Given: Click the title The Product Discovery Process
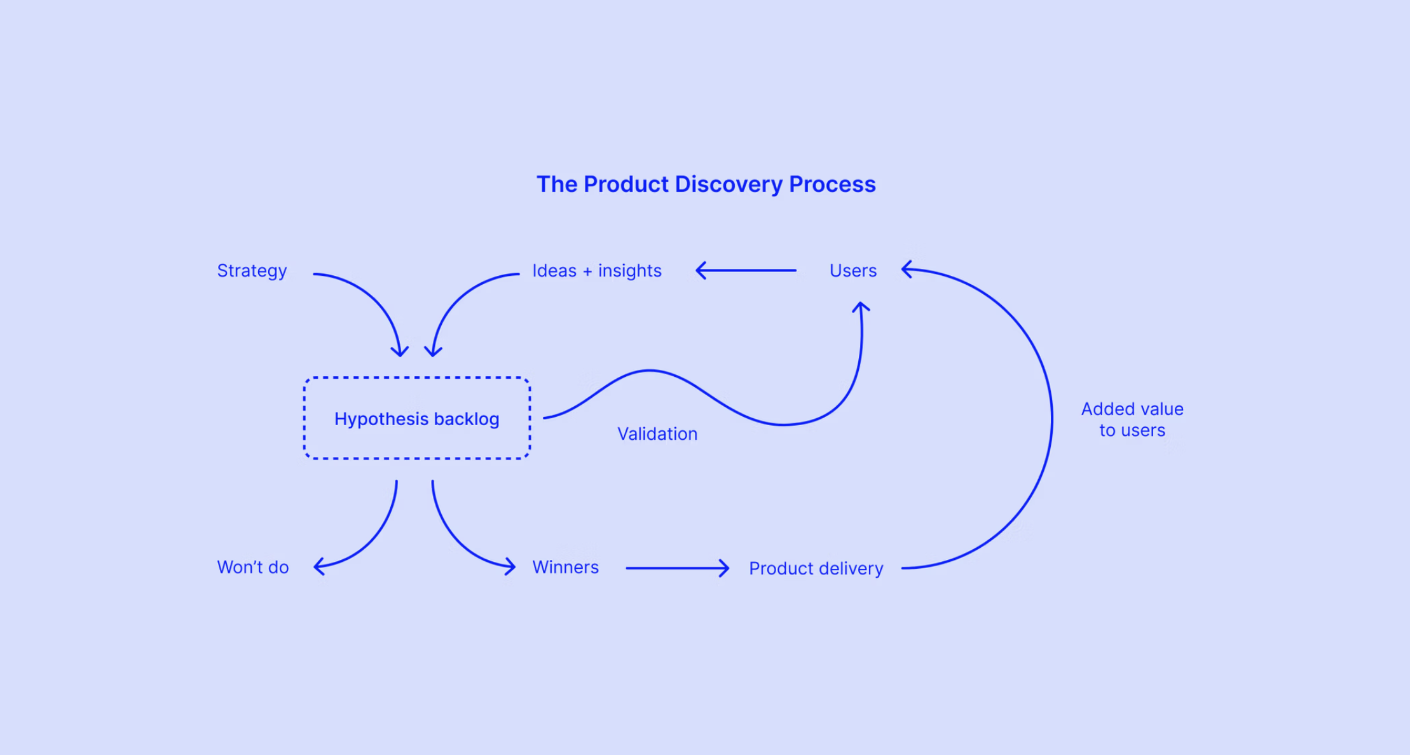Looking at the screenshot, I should [x=706, y=184].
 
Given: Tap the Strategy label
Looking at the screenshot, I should [x=252, y=271].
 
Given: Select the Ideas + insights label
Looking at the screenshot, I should [x=596, y=271].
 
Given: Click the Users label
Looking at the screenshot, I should [x=852, y=271].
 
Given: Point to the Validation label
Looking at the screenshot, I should [x=657, y=434].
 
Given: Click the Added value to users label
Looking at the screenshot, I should [x=1132, y=419].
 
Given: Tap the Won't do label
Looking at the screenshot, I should [x=252, y=567].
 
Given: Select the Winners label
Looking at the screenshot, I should [x=565, y=567].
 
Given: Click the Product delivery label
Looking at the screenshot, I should [x=816, y=568].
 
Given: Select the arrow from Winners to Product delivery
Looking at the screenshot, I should [x=677, y=568].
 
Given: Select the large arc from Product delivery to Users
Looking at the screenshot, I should [x=1051, y=419].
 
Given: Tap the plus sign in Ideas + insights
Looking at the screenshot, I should [x=587, y=271].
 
